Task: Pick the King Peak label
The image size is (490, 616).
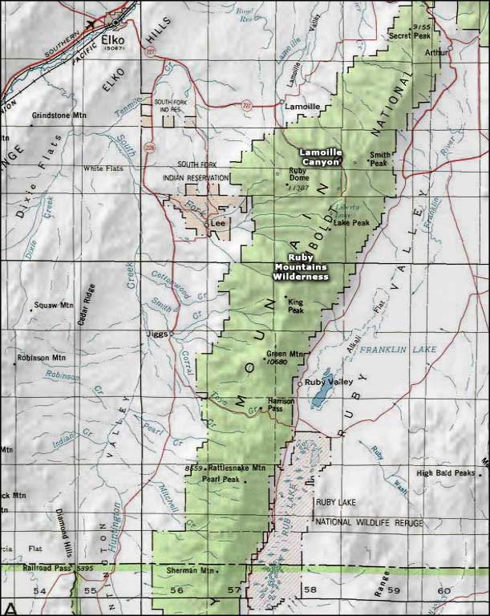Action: pyautogui.click(x=295, y=306)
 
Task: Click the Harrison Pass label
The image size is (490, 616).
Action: pyautogui.click(x=274, y=405)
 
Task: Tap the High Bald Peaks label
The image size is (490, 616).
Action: pyautogui.click(x=446, y=472)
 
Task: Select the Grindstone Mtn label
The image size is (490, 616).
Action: pyautogui.click(x=58, y=115)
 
